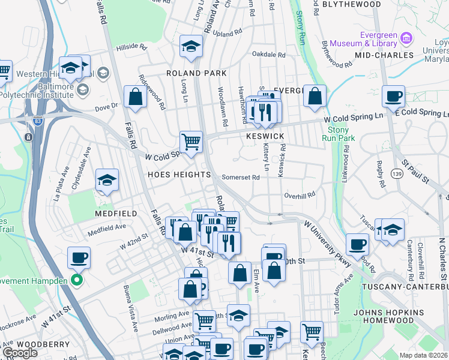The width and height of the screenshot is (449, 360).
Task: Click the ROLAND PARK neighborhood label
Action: [x=196, y=73]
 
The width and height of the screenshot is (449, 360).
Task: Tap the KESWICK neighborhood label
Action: [x=265, y=137]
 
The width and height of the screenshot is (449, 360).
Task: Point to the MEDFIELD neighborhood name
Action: [x=116, y=214]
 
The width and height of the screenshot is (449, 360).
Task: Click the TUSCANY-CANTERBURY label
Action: [x=404, y=287]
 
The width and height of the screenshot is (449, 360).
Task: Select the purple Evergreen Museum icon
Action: [x=406, y=38]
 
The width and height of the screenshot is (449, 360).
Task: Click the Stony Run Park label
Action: [x=340, y=133]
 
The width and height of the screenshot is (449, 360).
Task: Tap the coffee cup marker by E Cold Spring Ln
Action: [x=393, y=97]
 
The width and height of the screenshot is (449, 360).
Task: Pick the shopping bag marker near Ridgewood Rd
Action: [x=136, y=97]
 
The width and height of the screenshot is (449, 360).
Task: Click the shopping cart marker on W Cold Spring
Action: [x=191, y=143]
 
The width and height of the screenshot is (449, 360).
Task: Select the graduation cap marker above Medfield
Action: [x=107, y=180]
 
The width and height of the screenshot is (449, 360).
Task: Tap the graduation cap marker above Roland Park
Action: [x=191, y=46]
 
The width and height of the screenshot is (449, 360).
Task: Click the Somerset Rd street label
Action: [x=241, y=178]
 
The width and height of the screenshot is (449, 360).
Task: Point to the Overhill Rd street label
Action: [x=300, y=196]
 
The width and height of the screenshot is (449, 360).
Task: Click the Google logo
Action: [x=20, y=353]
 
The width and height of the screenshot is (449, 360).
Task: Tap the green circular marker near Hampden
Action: [x=76, y=280]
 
